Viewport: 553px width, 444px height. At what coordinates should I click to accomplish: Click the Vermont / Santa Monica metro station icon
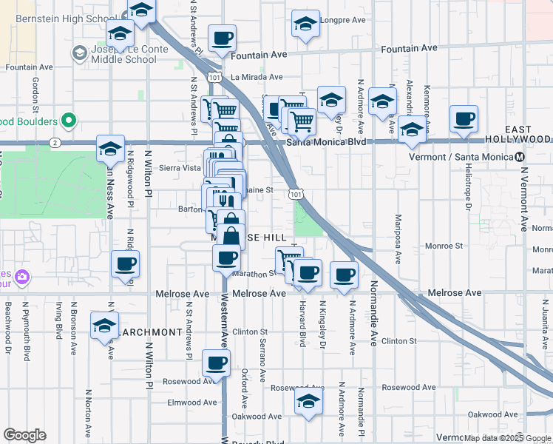[520, 157]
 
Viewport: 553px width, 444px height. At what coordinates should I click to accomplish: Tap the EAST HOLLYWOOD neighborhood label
[522, 134]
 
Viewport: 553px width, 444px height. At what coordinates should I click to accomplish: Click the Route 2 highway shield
[55, 141]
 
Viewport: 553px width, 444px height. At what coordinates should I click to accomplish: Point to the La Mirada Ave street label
[257, 77]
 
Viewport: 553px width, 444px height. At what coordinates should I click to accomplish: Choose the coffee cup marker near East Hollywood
[464, 119]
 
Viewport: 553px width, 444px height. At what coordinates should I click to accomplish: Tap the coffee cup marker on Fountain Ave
[222, 38]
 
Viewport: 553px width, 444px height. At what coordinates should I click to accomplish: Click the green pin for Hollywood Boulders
[69, 121]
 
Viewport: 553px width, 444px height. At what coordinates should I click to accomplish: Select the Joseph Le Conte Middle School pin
[79, 53]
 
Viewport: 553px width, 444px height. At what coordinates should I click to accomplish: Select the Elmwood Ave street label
[192, 403]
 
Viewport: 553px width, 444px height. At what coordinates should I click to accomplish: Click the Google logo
[24, 435]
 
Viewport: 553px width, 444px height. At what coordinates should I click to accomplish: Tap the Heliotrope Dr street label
[468, 186]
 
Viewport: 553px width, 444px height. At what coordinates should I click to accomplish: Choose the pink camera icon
[24, 277]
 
